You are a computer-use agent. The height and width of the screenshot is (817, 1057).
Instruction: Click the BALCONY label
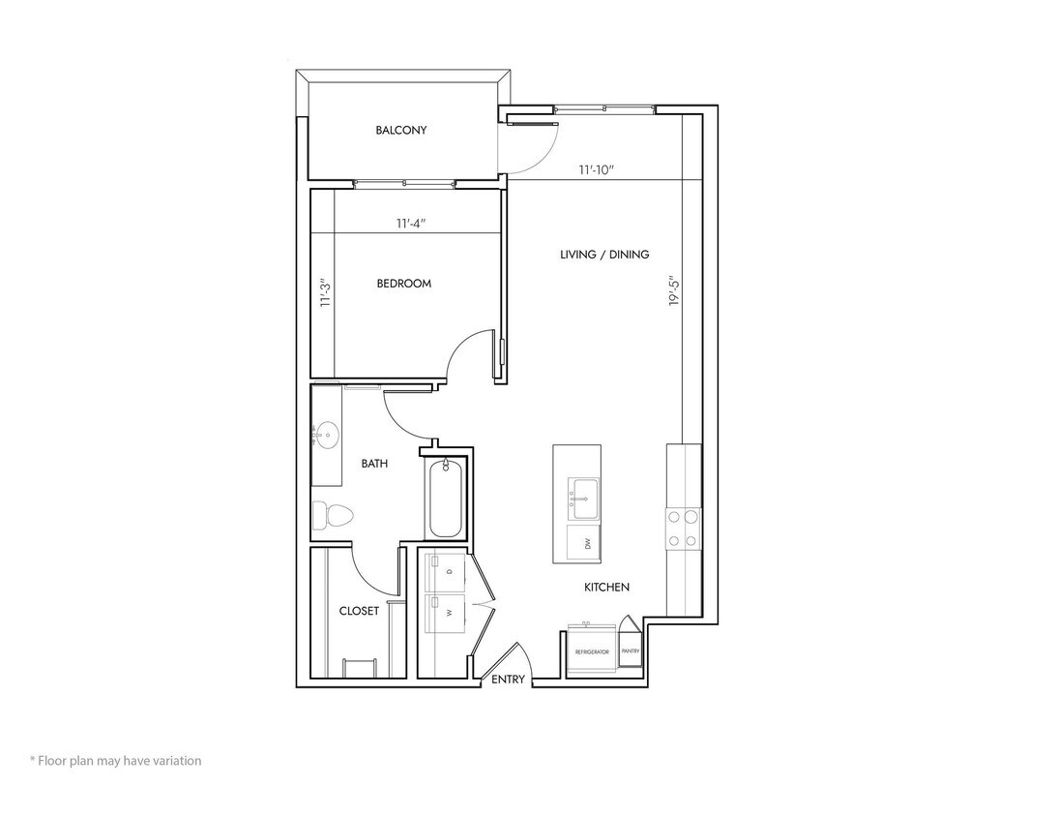401,130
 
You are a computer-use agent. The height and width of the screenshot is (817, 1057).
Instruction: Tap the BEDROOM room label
403,284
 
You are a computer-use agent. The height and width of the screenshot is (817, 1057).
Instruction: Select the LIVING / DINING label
604,255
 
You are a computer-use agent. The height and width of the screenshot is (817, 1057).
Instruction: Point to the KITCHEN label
606,588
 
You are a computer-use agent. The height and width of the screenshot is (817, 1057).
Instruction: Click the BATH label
374,464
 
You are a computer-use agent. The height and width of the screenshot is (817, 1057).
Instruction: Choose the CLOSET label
359,611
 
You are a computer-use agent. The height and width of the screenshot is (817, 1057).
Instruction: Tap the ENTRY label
508,680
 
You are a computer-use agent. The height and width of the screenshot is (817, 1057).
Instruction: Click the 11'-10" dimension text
598,170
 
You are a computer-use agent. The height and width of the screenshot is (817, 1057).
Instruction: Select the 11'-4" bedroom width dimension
411,224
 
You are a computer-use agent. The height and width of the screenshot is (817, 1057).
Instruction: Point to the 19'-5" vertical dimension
674,288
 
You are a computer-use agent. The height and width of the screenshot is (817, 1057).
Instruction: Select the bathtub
445,499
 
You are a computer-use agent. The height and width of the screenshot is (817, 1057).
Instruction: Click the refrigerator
591,652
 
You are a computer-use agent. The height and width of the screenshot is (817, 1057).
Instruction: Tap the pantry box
631,650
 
